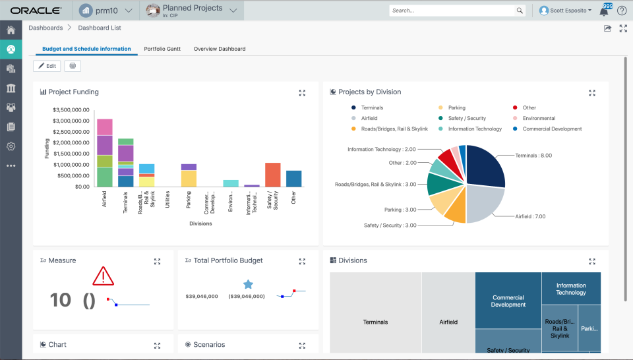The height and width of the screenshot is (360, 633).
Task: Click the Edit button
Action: pos(47,66)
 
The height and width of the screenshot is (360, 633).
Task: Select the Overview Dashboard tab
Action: pos(220,49)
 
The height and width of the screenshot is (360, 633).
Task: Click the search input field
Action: pos(452,11)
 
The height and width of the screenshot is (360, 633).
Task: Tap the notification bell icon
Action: pos(603,11)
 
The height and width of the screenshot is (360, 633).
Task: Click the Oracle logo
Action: pos(36,11)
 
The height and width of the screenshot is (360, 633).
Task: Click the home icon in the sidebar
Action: pos(11,30)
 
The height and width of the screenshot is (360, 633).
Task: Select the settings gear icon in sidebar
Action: pos(11,146)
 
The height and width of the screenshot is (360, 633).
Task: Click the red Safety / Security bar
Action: pos(273,175)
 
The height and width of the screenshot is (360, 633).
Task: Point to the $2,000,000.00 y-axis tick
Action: pos(71,143)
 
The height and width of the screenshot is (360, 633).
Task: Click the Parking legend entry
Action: pos(456,107)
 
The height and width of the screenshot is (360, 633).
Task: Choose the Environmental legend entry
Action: pos(539,118)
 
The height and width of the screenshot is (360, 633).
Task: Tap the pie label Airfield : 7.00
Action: pos(530,216)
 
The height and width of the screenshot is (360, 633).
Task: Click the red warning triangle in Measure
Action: pos(104,276)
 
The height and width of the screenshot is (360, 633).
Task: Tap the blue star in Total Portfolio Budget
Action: pos(248,284)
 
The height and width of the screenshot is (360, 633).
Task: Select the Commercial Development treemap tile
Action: pos(508,301)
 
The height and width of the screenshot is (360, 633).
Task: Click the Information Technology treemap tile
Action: pos(571,289)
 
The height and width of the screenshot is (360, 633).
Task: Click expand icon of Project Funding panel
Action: pos(302,93)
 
